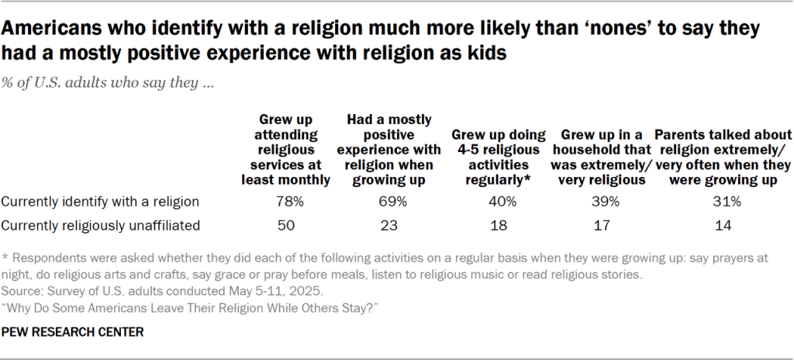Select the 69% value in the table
point(392,202)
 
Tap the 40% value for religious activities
point(499,202)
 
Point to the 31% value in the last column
point(723,202)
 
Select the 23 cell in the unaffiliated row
point(392,226)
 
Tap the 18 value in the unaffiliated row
point(499,226)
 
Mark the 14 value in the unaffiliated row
point(723,226)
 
